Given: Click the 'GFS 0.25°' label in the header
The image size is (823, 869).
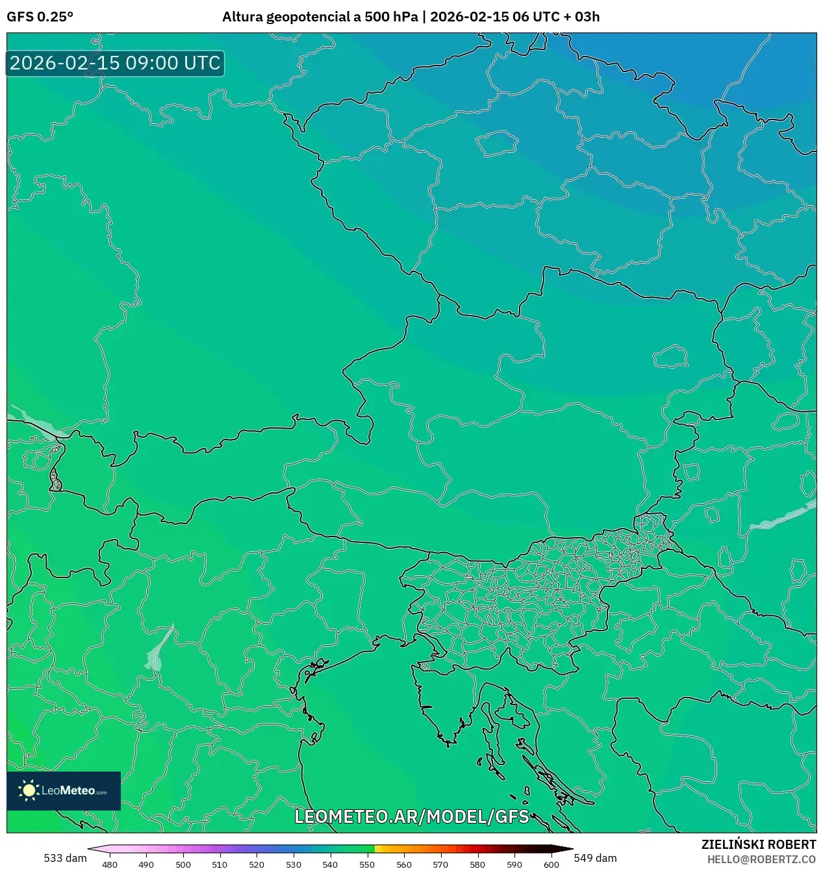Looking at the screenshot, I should [x=40, y=17].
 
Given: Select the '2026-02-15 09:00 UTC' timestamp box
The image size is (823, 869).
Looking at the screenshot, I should [x=115, y=64].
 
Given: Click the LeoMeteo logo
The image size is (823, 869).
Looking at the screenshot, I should [x=64, y=790].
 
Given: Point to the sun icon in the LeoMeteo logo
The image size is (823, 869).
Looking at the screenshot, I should [x=29, y=790].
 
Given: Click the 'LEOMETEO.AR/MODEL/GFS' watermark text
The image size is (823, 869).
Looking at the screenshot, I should [x=412, y=816].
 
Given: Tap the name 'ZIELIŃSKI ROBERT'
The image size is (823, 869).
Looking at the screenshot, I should [x=758, y=844].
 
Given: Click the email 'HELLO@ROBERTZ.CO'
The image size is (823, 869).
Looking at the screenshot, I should [x=761, y=859].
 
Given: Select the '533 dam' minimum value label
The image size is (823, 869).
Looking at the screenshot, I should [x=65, y=858].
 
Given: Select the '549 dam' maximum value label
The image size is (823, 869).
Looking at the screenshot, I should [x=595, y=858].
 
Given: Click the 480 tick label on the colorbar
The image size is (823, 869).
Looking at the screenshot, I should [x=110, y=864].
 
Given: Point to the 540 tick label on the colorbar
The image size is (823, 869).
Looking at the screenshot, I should [x=330, y=864].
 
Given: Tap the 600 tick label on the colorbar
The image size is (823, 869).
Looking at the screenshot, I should [x=551, y=864].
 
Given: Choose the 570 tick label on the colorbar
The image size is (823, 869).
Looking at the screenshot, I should [x=440, y=864].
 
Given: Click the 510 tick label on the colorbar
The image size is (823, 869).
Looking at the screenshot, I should [x=220, y=864].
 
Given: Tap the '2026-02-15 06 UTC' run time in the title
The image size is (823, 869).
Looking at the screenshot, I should [x=494, y=17].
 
